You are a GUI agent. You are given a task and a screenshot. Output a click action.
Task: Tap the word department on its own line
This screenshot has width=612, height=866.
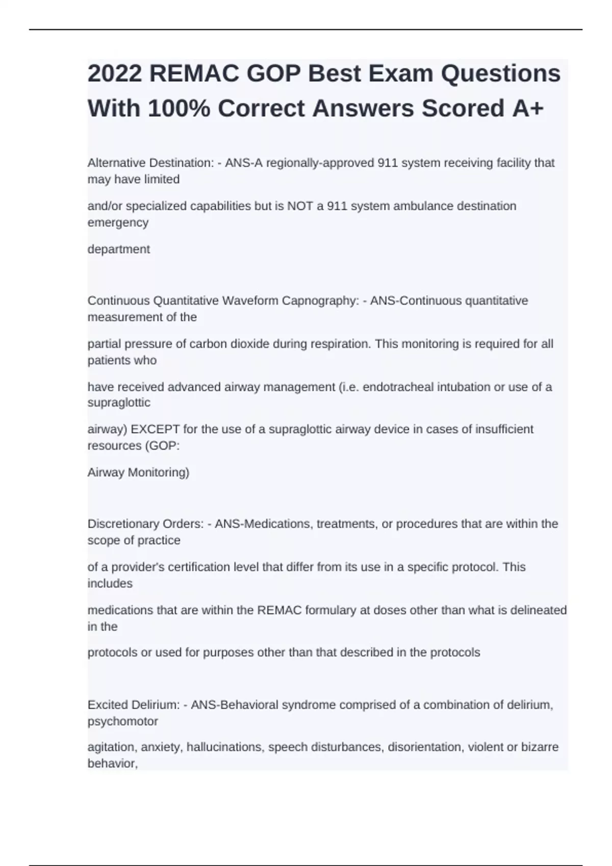click(119, 250)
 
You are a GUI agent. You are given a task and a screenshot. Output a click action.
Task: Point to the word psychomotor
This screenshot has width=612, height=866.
click(123, 721)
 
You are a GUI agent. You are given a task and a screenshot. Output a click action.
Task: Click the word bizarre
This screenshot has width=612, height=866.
click(539, 747)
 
